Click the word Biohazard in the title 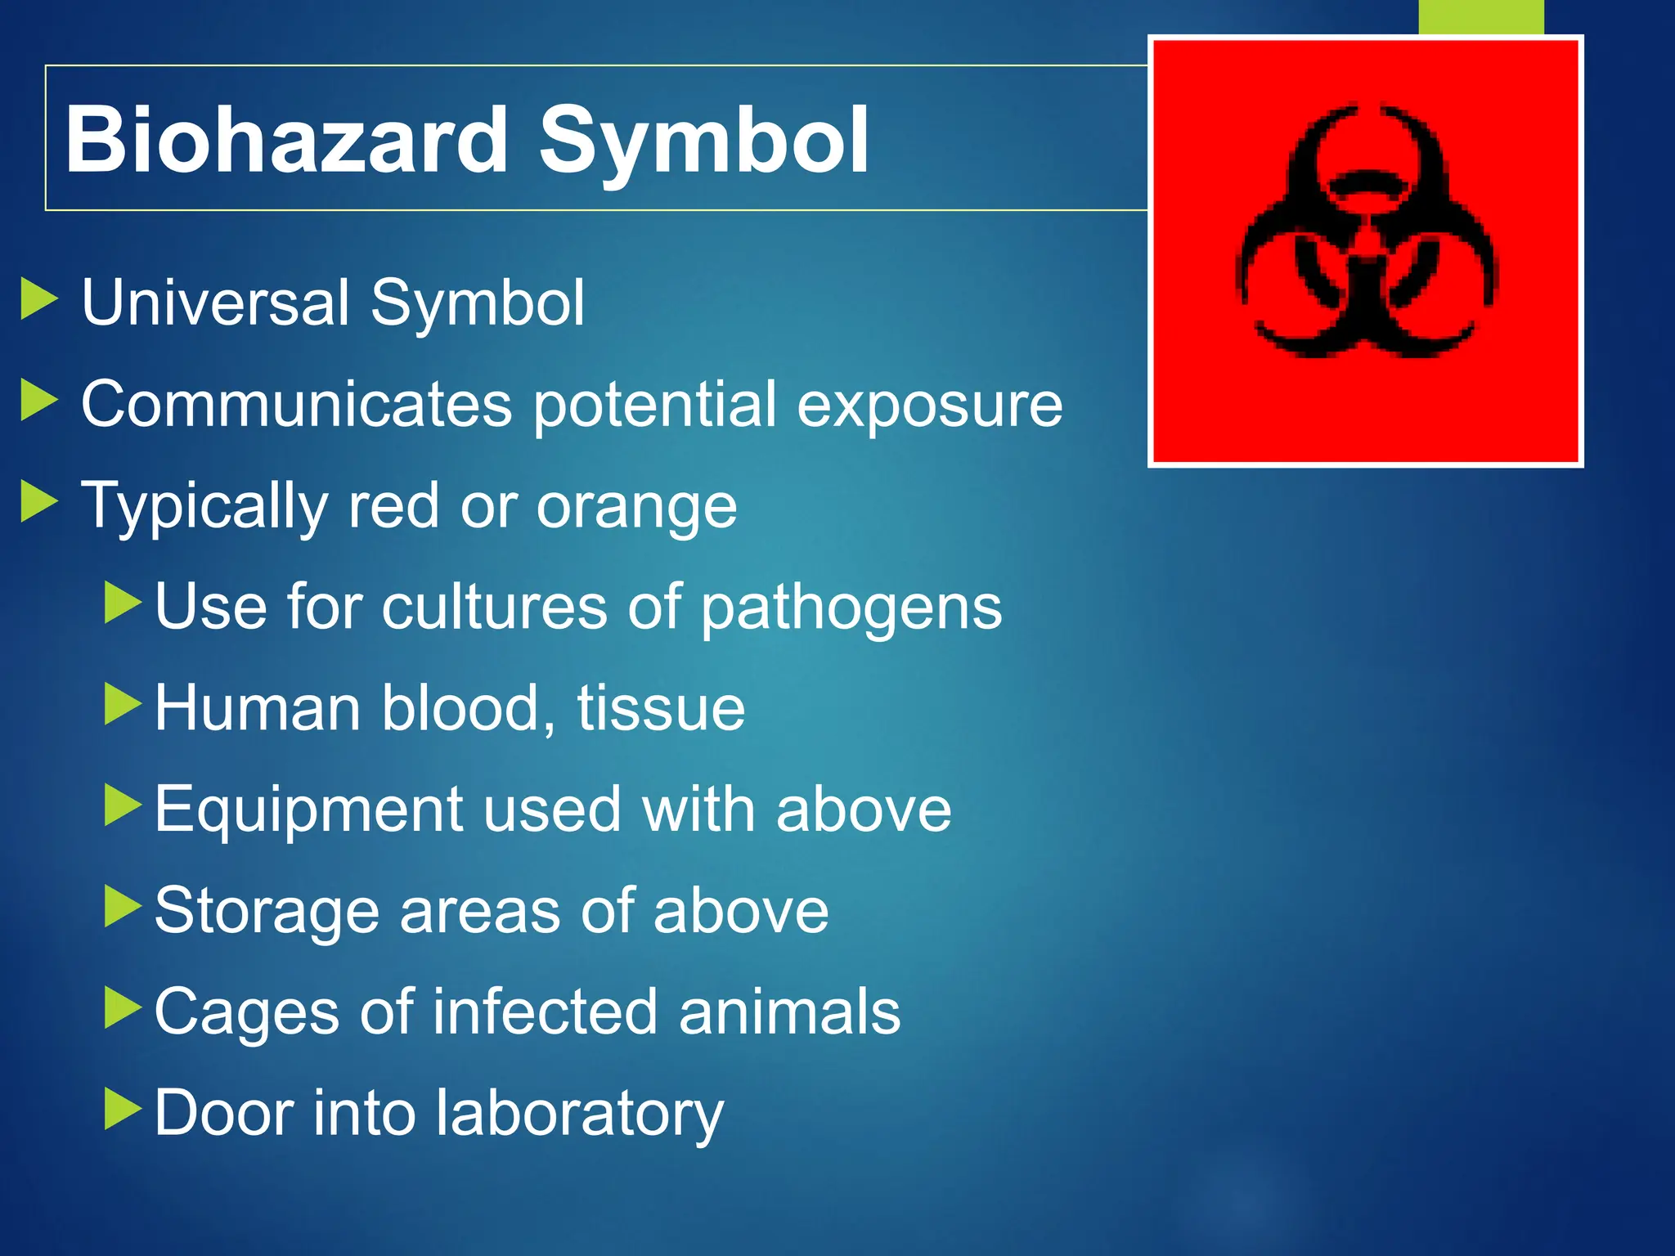[x=286, y=140]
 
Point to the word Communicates [x=296, y=404]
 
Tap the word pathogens [x=851, y=610]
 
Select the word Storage [x=267, y=912]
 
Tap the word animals [x=789, y=1012]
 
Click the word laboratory [x=579, y=1114]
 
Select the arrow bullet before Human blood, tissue [x=123, y=704]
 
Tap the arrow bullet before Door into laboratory [x=123, y=1109]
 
